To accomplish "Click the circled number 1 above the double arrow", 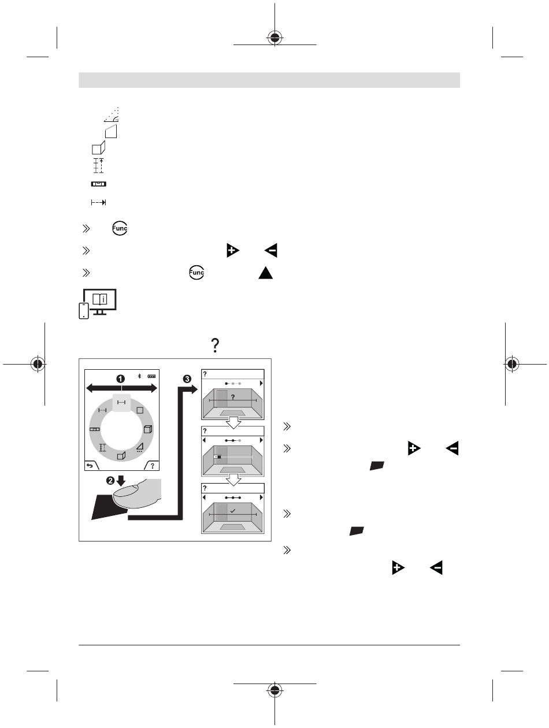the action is pos(120,379).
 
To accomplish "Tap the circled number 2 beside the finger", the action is pos(110,481).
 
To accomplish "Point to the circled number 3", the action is pos(187,379).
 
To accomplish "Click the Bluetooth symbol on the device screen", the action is pos(139,376).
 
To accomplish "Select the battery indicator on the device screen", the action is pos(151,377).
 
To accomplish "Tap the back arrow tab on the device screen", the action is pos(91,466).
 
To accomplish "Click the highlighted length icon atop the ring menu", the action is pos(121,403).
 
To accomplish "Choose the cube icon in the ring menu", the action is pos(148,429).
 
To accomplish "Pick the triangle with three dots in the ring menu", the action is pos(140,448).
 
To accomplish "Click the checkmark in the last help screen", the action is pos(233,511).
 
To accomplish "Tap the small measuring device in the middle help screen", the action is pos(217,456).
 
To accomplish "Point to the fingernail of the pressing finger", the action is pos(125,491).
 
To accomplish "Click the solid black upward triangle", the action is pos(266,273).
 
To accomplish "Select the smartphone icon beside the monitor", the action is pos(84,311).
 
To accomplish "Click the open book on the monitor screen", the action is pos(100,299).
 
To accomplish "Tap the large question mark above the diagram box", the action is pos(216,346).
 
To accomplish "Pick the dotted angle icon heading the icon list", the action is pos(112,115).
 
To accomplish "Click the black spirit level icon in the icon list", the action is pos(98,184).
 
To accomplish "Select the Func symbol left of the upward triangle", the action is pos(196,273).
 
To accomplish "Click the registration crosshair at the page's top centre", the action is pos(274,38).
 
